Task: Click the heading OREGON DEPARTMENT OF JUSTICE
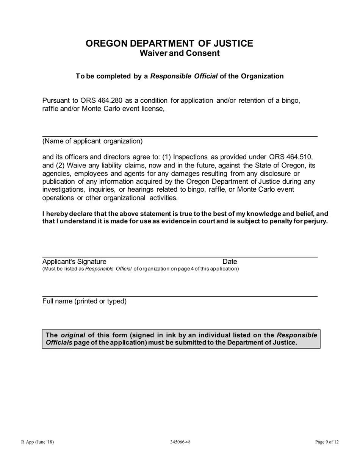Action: (169, 44)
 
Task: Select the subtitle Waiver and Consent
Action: (180, 53)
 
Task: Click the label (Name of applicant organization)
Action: (92, 141)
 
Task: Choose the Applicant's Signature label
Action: (74, 262)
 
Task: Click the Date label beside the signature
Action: (230, 262)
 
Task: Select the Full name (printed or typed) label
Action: (85, 302)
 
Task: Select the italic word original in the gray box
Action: (73, 335)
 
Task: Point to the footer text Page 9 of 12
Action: (327, 442)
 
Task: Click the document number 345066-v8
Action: (180, 442)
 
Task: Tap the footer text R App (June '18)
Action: (38, 442)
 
